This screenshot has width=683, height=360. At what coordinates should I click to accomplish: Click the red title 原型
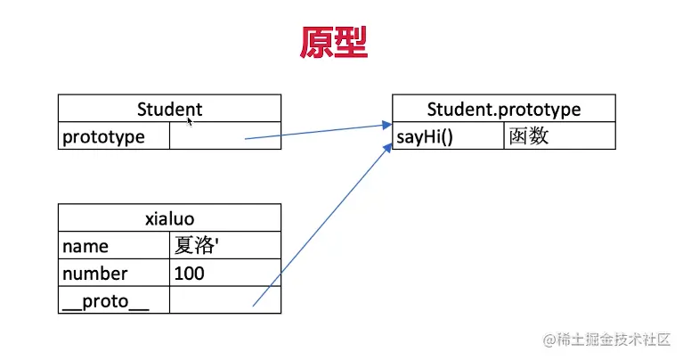tap(333, 42)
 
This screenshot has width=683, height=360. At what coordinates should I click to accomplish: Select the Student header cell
tap(169, 110)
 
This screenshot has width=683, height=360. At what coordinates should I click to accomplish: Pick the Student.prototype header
tap(503, 110)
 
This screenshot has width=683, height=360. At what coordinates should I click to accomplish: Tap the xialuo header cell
tap(169, 218)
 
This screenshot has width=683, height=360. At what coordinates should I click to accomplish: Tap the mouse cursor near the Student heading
tap(190, 119)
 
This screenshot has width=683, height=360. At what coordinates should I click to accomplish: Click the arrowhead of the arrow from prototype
tap(387, 125)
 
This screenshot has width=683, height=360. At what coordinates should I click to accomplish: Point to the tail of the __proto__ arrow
tap(254, 306)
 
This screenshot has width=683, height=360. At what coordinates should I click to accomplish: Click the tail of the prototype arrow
tap(246, 138)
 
